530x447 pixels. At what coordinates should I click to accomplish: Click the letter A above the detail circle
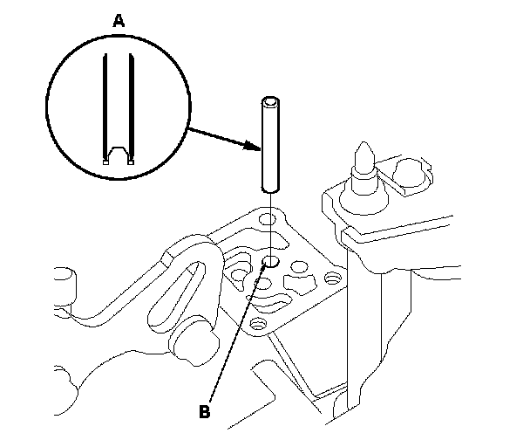click(x=118, y=19)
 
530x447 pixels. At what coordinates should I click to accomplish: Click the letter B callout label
click(x=204, y=411)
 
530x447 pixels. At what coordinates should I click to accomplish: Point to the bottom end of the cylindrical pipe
click(x=271, y=189)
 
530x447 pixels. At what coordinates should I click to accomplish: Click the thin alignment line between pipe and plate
click(x=271, y=223)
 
